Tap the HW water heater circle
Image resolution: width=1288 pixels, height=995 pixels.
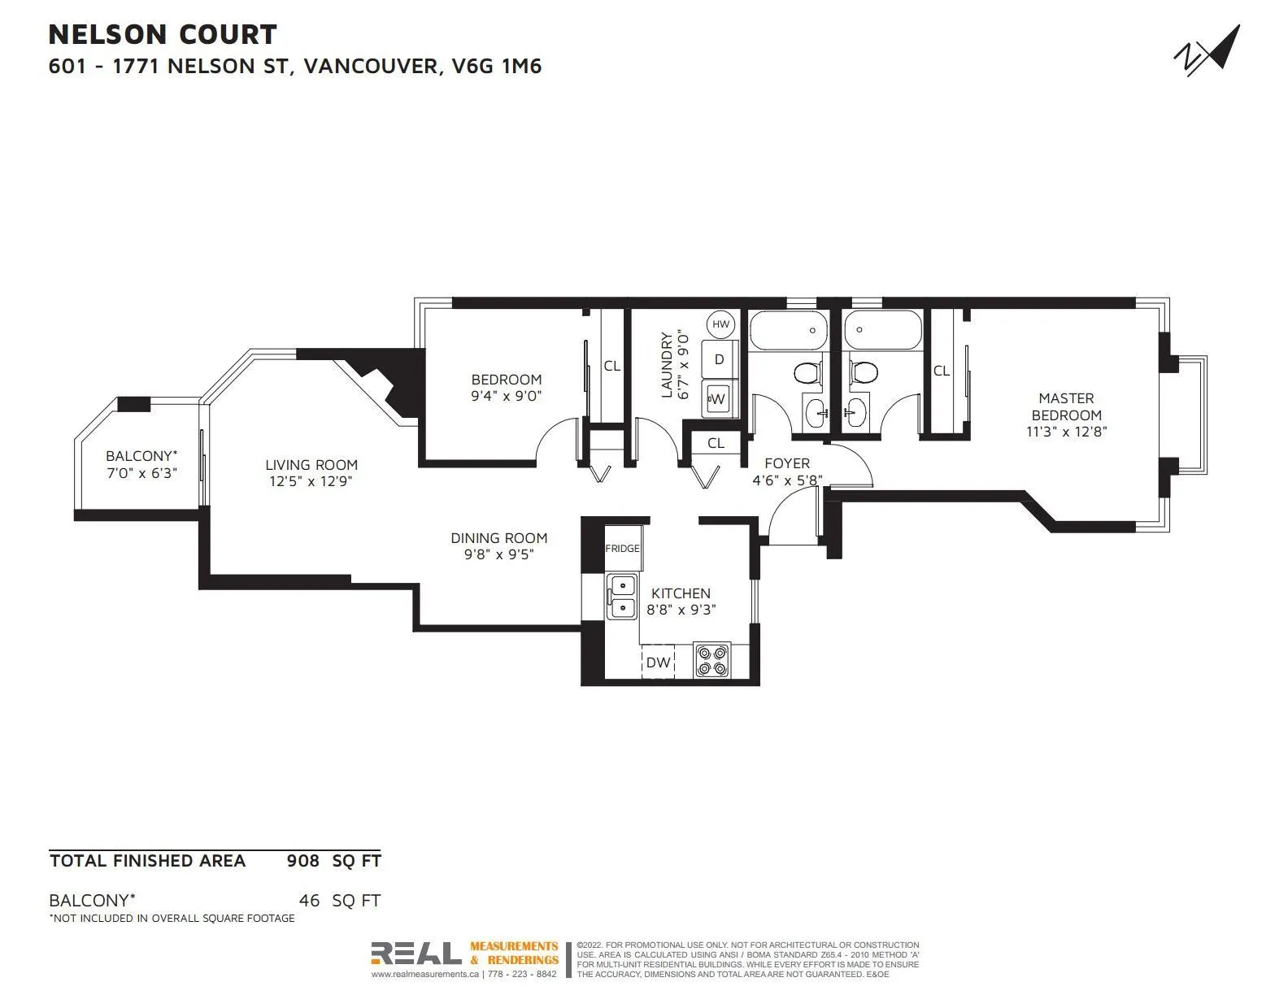(x=720, y=324)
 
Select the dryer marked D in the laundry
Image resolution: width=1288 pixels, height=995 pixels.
(x=719, y=359)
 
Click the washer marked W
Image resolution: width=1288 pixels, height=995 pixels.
(x=718, y=399)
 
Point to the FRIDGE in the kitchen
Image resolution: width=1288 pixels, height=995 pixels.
(x=622, y=548)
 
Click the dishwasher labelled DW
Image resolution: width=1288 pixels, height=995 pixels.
(x=658, y=662)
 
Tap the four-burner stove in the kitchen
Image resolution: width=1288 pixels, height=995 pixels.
(x=711, y=661)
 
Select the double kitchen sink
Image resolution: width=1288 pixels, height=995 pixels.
(x=622, y=597)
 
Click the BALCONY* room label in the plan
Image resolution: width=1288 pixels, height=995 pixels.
(x=141, y=456)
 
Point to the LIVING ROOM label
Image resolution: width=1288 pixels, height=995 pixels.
(x=311, y=465)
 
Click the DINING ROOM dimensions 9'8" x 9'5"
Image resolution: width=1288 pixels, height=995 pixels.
(x=499, y=554)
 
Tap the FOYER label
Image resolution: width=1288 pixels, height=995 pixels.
(x=787, y=463)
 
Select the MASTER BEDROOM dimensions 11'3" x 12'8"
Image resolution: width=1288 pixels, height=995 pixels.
(x=1066, y=432)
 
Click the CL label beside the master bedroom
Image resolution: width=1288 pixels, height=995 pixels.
(x=942, y=371)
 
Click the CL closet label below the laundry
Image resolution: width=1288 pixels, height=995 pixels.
(x=716, y=443)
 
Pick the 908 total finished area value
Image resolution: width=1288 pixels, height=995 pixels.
(x=302, y=861)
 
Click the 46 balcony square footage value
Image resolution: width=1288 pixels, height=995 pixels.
(x=309, y=900)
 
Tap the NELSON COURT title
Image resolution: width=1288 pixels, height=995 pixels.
(x=163, y=34)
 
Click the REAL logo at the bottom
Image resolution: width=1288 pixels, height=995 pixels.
(x=416, y=953)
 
